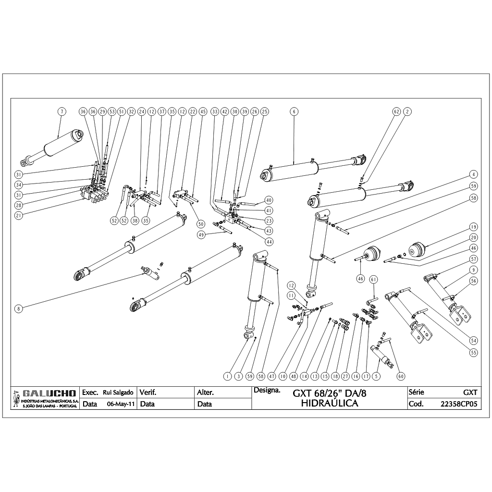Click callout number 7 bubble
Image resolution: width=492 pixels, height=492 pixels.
61,111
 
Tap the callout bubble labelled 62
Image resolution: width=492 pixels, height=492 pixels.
397,111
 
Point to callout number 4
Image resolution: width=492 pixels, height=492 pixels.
473,174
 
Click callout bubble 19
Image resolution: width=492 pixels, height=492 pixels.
473,227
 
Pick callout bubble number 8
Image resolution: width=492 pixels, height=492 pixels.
18,309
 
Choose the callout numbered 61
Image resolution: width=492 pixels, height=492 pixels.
374,279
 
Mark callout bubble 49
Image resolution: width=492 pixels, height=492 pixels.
201,234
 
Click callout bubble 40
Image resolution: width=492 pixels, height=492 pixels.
269,200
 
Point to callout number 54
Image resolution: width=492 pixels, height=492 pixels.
474,340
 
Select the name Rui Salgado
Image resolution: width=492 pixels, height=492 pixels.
118,393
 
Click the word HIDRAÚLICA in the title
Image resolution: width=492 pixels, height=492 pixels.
330,404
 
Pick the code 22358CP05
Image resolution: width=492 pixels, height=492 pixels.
459,404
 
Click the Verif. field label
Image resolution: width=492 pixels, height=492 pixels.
148,393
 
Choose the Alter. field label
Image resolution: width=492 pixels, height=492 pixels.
205,393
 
